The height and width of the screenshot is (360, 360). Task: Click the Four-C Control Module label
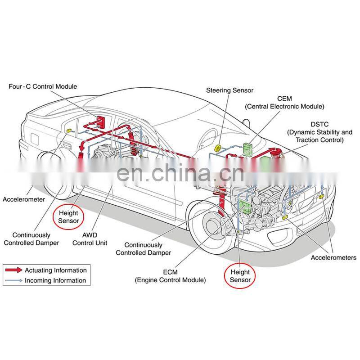point(43,86)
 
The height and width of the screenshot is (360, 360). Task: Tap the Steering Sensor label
point(229,90)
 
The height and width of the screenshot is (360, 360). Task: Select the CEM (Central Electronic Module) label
point(284,103)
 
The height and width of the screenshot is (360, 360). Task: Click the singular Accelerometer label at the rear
point(24,199)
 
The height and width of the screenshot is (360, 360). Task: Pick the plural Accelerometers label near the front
point(333,258)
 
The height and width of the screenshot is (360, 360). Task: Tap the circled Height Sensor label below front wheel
point(240,276)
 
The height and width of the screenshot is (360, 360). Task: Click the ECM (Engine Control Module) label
point(171,276)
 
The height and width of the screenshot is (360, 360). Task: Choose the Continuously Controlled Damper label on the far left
point(31,238)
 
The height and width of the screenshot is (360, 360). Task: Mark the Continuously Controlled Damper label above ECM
point(143,249)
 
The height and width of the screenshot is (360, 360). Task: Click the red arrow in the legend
point(13,270)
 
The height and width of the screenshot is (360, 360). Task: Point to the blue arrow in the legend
point(13,280)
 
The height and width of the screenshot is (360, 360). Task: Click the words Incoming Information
point(55,280)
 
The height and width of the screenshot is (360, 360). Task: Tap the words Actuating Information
point(55,270)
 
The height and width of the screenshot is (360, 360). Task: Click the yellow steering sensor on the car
point(217,148)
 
